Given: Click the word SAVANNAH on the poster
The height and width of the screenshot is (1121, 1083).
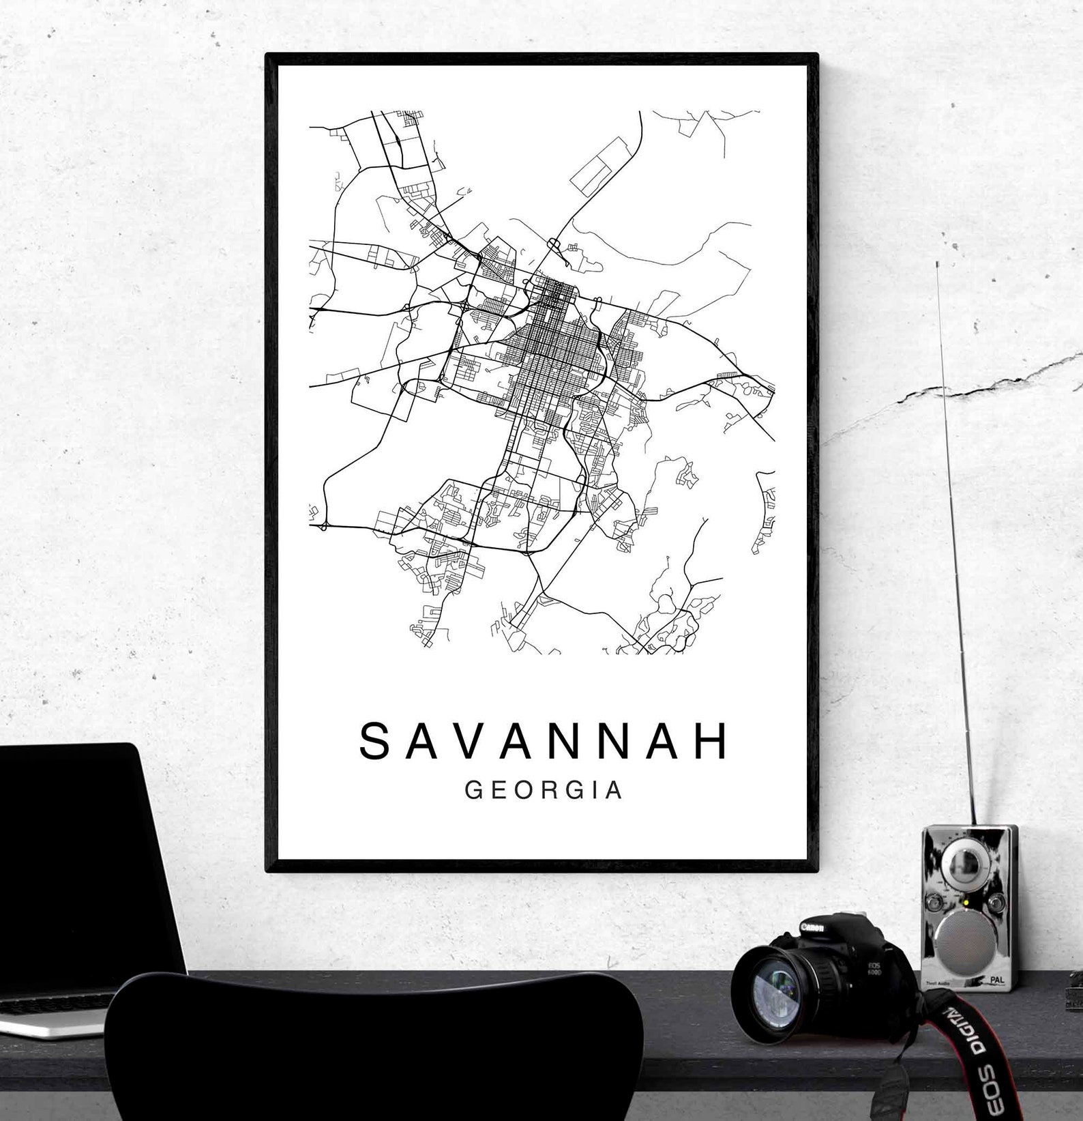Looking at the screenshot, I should click(544, 742).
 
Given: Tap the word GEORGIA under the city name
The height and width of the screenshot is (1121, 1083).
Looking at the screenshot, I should click(544, 790).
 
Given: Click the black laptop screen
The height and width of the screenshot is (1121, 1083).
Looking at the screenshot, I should click(82, 853).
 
